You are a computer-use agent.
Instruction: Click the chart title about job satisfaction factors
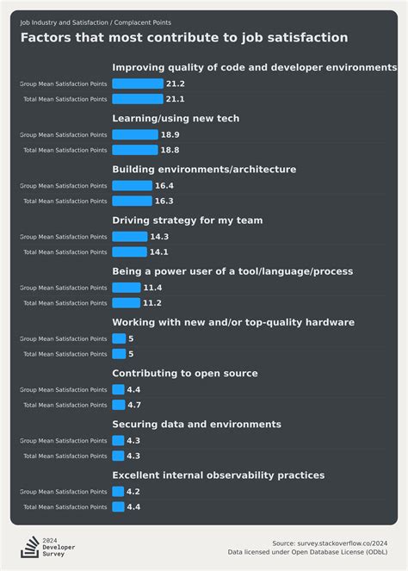pyautogui.click(x=184, y=38)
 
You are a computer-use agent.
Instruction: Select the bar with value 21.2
pyautogui.click(x=138, y=84)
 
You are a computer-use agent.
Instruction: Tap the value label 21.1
pyautogui.click(x=176, y=99)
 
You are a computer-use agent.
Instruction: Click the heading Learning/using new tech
pyautogui.click(x=176, y=118)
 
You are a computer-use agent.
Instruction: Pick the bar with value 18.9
pyautogui.click(x=135, y=134)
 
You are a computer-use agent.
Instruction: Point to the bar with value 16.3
pyautogui.click(x=132, y=201)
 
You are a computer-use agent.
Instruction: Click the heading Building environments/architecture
pyautogui.click(x=204, y=170)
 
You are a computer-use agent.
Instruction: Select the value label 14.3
pyautogui.click(x=159, y=237)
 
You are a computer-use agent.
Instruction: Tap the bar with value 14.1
pyautogui.click(x=129, y=252)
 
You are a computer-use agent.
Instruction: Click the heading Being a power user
pyautogui.click(x=232, y=271)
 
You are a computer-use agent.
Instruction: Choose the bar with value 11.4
pyautogui.click(x=127, y=288)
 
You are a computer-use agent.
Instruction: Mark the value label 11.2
pyautogui.click(x=152, y=303)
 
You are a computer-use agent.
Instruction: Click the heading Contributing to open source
pyautogui.click(x=196, y=373)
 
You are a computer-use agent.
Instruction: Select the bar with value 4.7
pyautogui.click(x=118, y=405)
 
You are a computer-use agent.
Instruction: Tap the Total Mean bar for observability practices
pyautogui.click(x=118, y=507)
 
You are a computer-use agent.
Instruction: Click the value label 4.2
pyautogui.click(x=133, y=492)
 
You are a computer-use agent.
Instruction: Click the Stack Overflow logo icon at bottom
pyautogui.click(x=30, y=546)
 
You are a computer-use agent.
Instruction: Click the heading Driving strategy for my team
pyautogui.click(x=188, y=220)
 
